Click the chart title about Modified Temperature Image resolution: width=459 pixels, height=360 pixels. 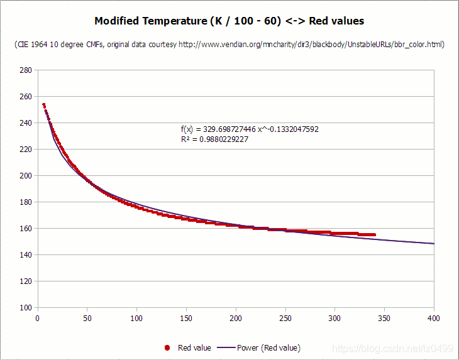click(x=229, y=21)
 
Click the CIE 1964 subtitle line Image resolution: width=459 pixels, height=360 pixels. click(x=229, y=45)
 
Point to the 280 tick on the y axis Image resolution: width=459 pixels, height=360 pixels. click(x=26, y=70)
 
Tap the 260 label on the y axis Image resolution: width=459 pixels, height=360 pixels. click(x=26, y=97)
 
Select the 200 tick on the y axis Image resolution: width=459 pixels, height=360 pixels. click(x=26, y=176)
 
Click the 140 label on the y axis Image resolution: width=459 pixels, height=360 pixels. click(x=26, y=255)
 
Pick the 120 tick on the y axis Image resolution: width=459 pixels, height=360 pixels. click(x=26, y=281)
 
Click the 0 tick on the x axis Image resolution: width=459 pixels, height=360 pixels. click(x=38, y=318)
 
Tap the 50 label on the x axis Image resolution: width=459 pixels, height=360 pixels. click(x=87, y=318)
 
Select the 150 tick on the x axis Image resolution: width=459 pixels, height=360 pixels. click(x=186, y=318)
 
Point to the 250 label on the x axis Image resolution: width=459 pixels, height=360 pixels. click(x=285, y=318)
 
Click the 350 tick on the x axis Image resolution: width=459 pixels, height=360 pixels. click(x=385, y=318)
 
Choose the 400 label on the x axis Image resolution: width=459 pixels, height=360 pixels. click(x=434, y=318)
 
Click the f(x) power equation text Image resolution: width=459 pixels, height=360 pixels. click(x=250, y=129)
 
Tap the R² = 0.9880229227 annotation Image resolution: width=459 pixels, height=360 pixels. click(x=214, y=139)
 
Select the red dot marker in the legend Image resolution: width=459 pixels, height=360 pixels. click(x=167, y=347)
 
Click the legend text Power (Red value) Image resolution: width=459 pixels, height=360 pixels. click(x=268, y=347)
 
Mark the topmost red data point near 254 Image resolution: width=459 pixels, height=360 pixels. click(x=43, y=105)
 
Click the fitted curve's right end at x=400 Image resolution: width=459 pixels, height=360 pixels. click(x=433, y=244)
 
